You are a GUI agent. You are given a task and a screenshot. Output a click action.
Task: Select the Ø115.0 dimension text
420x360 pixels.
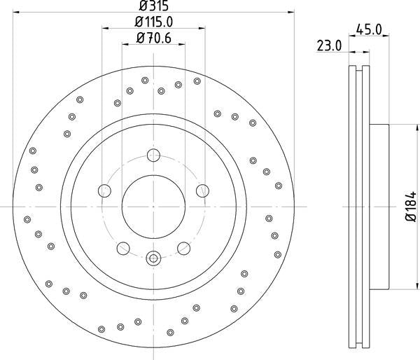click(x=153, y=22)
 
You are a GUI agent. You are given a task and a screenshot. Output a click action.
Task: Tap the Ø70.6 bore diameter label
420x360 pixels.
click(x=153, y=39)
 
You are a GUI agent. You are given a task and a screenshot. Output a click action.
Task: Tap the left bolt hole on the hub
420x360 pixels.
click(x=105, y=190)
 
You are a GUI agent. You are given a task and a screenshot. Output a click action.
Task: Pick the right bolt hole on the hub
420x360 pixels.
click(x=202, y=190)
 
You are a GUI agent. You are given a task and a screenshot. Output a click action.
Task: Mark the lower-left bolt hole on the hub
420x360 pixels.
click(x=123, y=247)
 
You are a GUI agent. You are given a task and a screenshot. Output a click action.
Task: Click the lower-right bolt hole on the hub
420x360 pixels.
click(x=183, y=247)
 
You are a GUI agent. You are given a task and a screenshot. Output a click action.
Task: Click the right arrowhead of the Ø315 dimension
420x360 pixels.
click(x=289, y=13)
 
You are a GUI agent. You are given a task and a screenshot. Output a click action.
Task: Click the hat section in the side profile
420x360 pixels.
click(x=378, y=207)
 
